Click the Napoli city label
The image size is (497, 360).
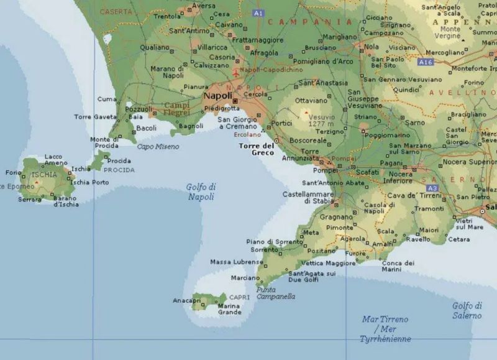pos(217,96)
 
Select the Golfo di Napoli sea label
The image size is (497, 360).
pos(201,192)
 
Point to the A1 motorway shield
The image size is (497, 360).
pos(258,13)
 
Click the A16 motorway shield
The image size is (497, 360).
pos(426,62)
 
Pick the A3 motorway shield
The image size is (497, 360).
pos(433,188)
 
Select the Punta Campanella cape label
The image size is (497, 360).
pos(275,293)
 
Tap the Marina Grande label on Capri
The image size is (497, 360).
pos(229,308)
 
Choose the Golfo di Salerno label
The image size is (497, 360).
pos(467,310)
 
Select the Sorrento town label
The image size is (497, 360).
pos(264,249)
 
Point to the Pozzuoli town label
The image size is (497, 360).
pos(139,109)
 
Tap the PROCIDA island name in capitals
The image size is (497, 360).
pos(119,170)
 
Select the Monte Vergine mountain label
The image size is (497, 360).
pos(450,32)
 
